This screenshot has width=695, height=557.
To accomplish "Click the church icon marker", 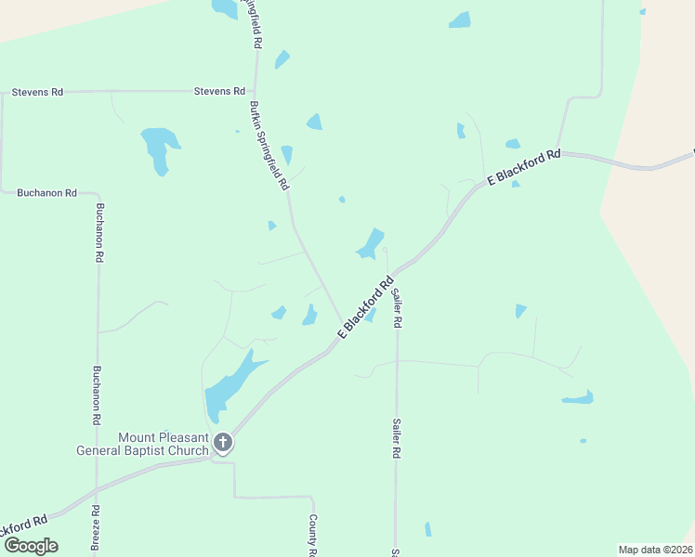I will point(222,442).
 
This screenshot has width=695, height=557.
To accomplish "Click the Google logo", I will point(31,546).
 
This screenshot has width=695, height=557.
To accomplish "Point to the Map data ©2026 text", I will point(655,549).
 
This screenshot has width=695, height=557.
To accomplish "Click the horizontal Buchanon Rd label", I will point(46,193).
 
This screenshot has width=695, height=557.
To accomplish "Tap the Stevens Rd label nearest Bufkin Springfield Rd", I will point(219,91).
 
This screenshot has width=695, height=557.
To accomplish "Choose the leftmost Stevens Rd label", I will point(37,93).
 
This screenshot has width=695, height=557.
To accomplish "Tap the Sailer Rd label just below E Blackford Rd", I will point(397,308).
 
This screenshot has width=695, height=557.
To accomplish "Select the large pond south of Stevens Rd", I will point(159,148).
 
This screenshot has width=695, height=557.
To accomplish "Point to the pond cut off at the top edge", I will point(225,9).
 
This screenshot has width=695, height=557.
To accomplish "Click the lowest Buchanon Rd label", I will point(96,395).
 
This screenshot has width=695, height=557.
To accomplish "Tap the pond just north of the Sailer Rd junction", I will point(371,243).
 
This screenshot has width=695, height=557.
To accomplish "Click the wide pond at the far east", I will point(577,398).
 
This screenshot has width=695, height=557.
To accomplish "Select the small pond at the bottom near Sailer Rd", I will point(427,529).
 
